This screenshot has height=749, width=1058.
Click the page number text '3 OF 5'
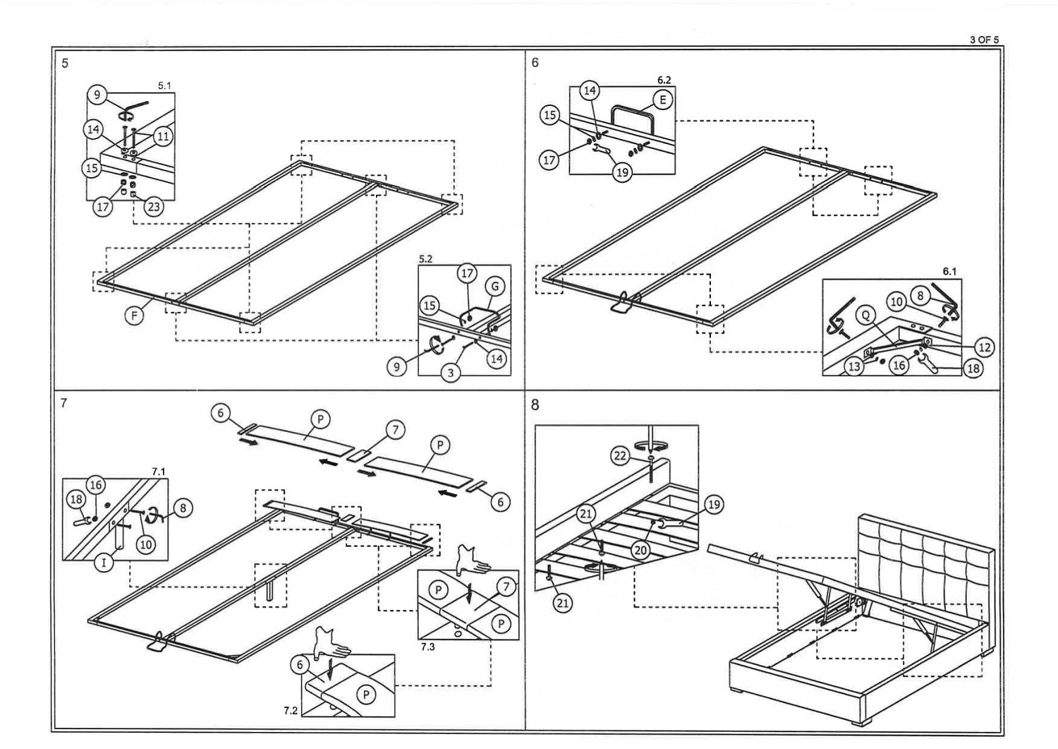point(985,40)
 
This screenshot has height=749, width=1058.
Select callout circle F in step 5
point(134,316)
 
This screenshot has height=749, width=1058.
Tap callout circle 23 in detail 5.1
point(153,207)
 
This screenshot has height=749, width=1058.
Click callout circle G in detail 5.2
point(495,287)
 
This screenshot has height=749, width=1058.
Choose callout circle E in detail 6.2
point(662,100)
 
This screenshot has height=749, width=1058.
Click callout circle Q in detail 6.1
point(865,316)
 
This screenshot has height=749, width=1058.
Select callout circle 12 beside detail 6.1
point(984,347)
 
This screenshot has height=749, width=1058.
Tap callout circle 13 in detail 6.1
point(855,366)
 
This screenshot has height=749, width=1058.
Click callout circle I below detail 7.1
point(104,562)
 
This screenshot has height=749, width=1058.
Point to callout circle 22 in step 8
point(620,456)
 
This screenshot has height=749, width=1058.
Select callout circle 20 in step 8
point(640,550)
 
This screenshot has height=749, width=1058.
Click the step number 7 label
point(63,403)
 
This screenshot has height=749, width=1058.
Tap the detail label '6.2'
point(664,80)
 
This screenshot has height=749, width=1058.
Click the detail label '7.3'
point(427,647)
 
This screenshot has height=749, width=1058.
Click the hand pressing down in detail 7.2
point(332,640)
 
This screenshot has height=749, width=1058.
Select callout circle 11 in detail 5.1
point(163,136)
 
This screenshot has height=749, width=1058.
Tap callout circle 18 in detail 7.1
point(75,500)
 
